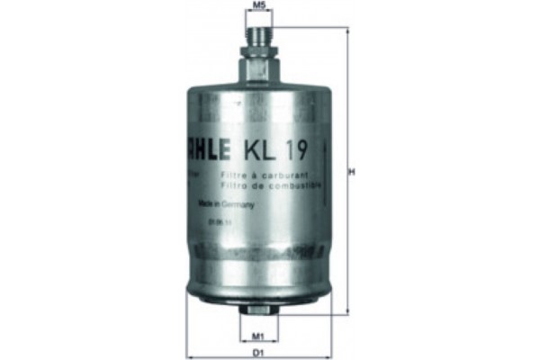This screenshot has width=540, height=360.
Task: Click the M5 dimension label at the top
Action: click(259, 6)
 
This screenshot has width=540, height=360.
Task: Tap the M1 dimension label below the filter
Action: click(257, 337)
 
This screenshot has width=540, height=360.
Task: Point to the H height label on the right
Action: click(353, 170)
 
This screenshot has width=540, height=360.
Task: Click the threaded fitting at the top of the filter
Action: click(259, 37)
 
